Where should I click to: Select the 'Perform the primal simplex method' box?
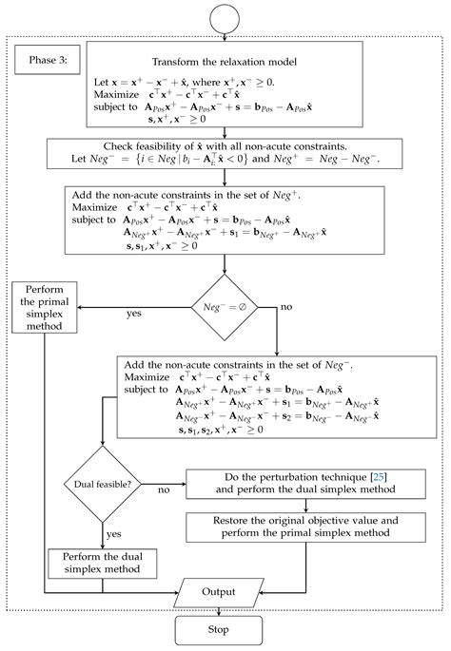(x=44, y=307)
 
